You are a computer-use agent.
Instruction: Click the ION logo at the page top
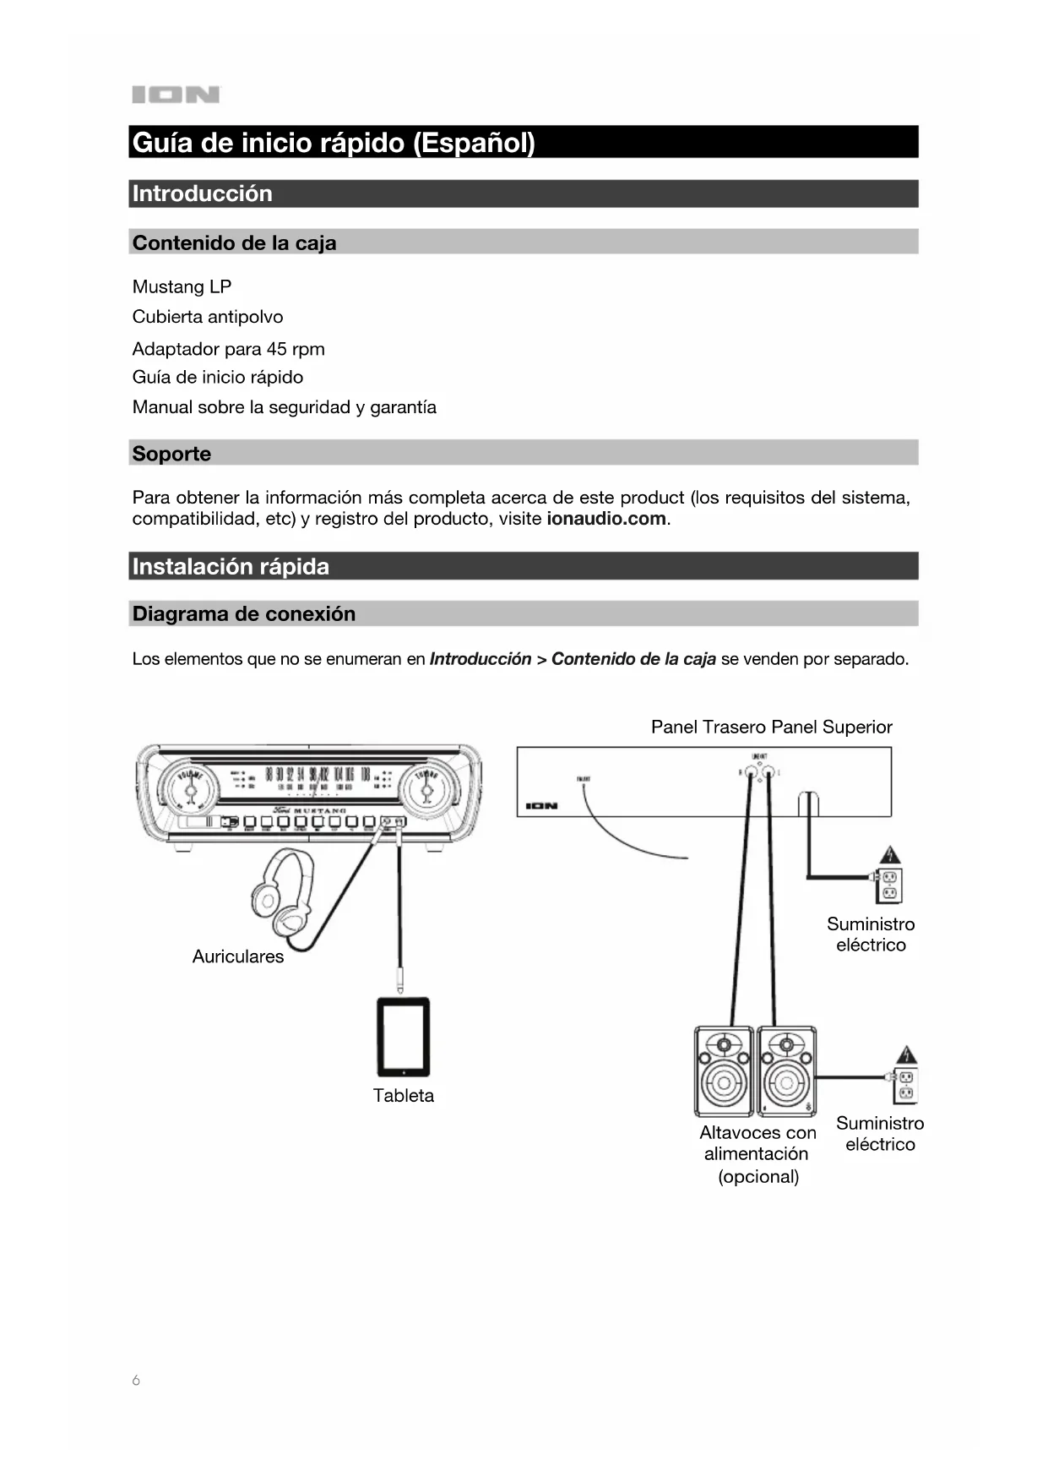(176, 95)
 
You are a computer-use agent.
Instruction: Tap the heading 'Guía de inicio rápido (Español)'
(334, 142)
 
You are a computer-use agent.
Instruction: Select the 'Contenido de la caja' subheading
(234, 243)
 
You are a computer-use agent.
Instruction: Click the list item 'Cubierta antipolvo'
(208, 317)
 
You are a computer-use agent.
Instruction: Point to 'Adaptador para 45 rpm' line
(228, 349)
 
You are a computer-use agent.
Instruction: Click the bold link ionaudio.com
(606, 519)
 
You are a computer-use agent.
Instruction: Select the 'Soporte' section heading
(171, 454)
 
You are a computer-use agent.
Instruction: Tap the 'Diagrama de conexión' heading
(244, 613)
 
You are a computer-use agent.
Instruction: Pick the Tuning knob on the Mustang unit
(426, 788)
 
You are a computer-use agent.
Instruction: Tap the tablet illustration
(403, 1037)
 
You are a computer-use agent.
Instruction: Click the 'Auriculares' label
(238, 956)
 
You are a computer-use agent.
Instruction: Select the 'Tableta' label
(404, 1096)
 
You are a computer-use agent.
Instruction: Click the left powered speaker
(724, 1071)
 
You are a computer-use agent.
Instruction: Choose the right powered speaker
(786, 1071)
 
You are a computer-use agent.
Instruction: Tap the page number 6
(136, 1381)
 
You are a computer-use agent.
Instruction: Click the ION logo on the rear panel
(542, 806)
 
